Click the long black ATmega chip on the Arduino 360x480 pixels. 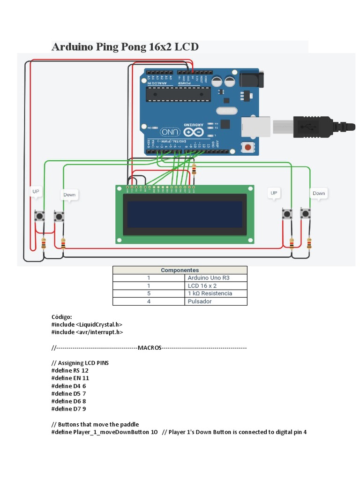pos(178,94)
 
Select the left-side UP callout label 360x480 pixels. pos(36,191)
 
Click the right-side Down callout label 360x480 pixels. pos(319,193)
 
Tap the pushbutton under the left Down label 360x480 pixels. pos(59,217)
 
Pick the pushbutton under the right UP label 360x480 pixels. pos(286,214)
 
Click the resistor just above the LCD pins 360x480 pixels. pos(194,170)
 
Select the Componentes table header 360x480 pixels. pos(180,270)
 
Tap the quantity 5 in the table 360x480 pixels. pos(149,293)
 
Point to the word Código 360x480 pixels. pos(62,317)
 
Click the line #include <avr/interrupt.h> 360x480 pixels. pos(87,332)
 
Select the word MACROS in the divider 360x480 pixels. pos(150,348)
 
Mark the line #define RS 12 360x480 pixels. pos(70,370)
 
